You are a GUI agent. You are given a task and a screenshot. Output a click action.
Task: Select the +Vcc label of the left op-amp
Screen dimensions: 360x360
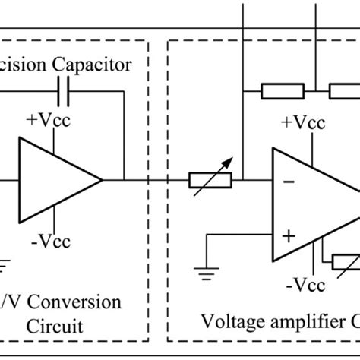[48, 121]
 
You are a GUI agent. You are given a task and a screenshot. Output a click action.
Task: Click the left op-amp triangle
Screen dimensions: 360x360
[53, 180]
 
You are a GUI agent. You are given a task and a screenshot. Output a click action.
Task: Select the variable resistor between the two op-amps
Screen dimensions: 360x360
[210, 181]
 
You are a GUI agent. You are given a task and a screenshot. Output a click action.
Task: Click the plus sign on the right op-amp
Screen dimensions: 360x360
[289, 236]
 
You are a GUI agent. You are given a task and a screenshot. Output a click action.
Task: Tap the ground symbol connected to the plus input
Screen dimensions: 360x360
[203, 274]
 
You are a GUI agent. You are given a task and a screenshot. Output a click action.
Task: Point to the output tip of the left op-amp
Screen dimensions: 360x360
[103, 180]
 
